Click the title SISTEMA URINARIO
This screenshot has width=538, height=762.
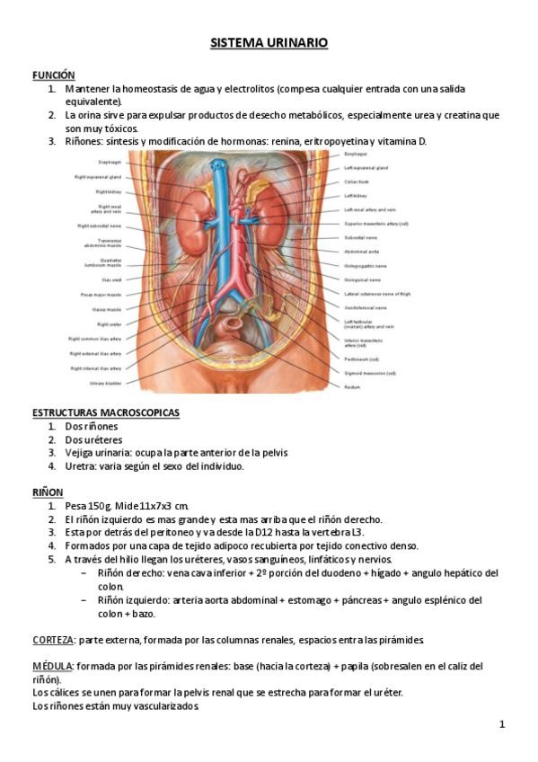(x=269, y=42)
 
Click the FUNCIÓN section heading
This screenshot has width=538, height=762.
(x=53, y=75)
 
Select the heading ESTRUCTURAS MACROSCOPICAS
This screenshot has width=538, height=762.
(x=105, y=412)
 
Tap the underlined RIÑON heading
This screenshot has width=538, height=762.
(x=48, y=492)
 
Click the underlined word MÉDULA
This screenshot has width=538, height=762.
(x=52, y=666)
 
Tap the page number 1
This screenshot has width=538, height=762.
(x=502, y=724)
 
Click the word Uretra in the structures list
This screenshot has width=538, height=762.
(x=80, y=466)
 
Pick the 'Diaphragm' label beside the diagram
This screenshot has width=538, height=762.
(x=110, y=162)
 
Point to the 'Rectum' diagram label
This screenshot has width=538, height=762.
(x=353, y=386)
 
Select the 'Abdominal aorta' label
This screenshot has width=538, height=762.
(x=362, y=252)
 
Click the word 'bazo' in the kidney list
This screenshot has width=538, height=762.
(x=142, y=614)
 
